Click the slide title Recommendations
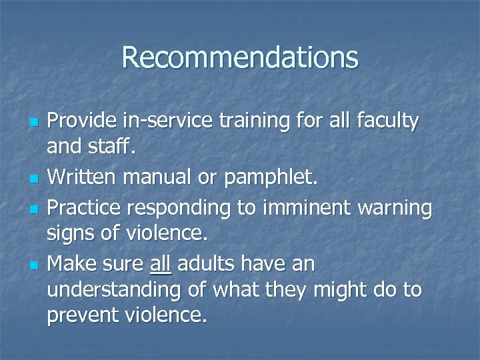pyautogui.click(x=240, y=58)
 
